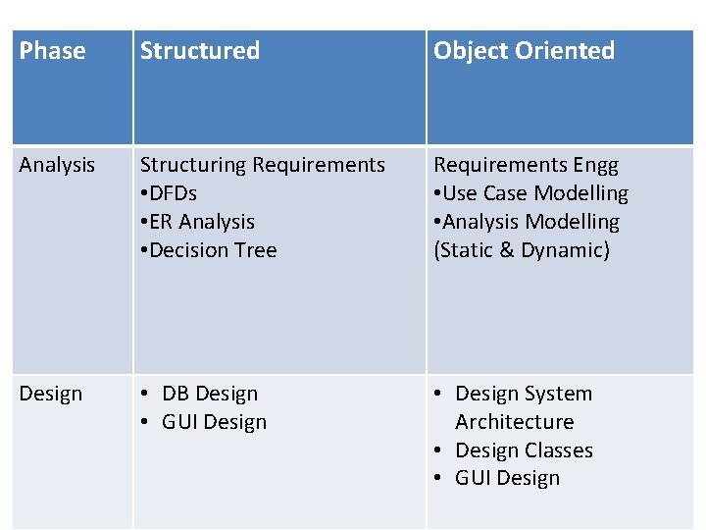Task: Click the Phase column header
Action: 53,51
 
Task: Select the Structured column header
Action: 200,51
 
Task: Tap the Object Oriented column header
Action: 524,51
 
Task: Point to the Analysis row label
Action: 57,165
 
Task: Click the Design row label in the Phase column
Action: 51,394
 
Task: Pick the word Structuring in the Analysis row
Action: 192,165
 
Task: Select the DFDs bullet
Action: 173,193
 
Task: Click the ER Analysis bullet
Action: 201,222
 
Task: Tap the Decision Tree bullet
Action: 212,250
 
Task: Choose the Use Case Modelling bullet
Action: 535,193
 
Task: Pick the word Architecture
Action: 515,422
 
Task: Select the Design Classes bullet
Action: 524,450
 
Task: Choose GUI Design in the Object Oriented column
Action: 507,479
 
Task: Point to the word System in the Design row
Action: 560,394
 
